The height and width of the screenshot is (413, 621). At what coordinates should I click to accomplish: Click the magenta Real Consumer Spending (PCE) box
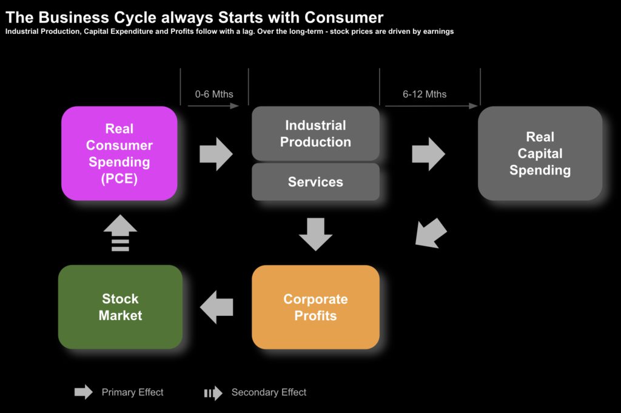[x=119, y=153]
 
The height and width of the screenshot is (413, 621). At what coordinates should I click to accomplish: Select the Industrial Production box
[x=315, y=133]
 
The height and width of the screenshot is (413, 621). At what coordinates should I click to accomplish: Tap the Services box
[x=315, y=182]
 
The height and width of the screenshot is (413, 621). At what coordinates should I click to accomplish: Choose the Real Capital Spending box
[x=540, y=153]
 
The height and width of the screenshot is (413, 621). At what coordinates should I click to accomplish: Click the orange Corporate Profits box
[x=315, y=307]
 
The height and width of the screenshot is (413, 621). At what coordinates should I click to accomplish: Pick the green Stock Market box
[x=120, y=307]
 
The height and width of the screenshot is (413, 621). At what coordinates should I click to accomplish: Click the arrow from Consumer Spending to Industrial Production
[x=216, y=154]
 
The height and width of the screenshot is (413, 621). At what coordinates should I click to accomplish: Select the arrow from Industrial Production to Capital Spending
[x=428, y=154]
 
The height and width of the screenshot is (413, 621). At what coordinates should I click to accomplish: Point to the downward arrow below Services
[x=315, y=234]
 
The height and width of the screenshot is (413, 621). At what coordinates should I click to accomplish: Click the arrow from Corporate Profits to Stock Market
[x=217, y=307]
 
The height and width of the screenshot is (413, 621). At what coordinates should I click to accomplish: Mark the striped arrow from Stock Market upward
[x=120, y=233]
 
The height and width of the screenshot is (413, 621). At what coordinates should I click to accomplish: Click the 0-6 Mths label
[x=214, y=94]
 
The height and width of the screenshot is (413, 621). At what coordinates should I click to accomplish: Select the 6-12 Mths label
[x=425, y=94]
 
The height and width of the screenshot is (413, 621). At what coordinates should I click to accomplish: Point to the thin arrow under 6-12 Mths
[x=431, y=106]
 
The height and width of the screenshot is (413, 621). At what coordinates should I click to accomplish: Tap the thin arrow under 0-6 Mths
[x=213, y=106]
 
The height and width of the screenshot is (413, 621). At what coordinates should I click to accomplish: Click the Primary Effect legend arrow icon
[x=84, y=392]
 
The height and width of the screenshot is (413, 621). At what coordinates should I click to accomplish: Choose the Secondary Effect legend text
[x=269, y=392]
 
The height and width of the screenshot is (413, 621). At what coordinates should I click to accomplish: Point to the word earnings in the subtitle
[x=434, y=32]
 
